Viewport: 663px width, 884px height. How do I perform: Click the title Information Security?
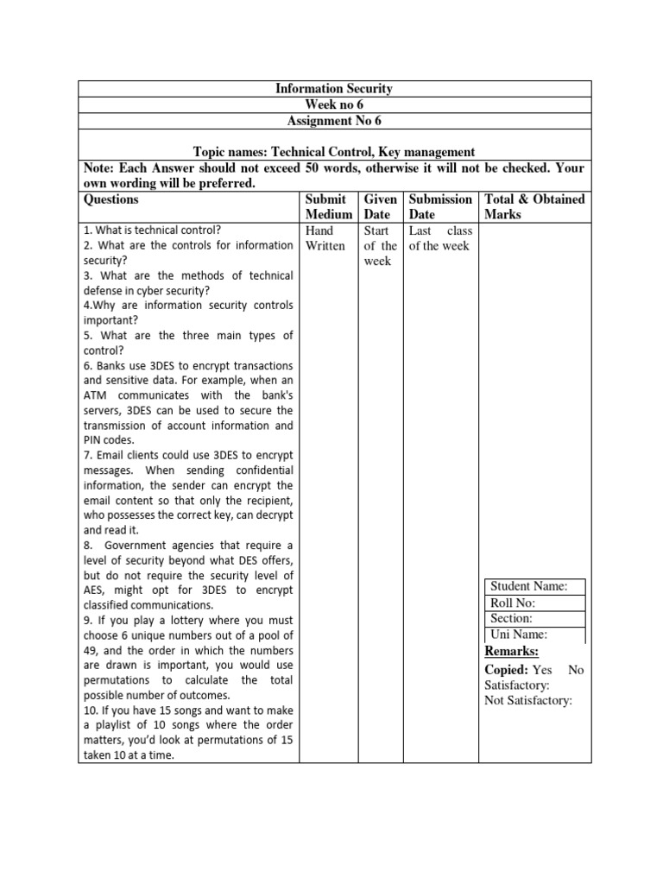[334, 89]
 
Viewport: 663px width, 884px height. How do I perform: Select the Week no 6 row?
[334, 105]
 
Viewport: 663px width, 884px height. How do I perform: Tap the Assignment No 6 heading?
[334, 122]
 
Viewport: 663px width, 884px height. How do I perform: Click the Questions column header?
[110, 199]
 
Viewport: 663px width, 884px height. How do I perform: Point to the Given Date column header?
[380, 206]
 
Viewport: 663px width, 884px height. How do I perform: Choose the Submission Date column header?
[440, 206]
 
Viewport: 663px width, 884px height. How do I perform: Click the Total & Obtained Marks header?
[534, 206]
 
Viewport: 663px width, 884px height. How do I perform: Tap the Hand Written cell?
[325, 238]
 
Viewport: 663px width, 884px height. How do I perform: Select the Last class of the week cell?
[439, 238]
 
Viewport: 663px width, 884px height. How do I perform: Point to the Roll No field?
[512, 603]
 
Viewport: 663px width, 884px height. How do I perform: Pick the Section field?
[511, 618]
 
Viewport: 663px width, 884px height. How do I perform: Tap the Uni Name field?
[519, 635]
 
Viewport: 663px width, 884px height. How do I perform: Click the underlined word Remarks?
[511, 651]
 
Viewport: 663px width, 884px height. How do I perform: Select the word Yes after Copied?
[542, 670]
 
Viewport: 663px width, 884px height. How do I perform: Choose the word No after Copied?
[576, 670]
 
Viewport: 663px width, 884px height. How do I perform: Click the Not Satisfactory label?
[528, 701]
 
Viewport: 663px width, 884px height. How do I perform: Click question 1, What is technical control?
[152, 230]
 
